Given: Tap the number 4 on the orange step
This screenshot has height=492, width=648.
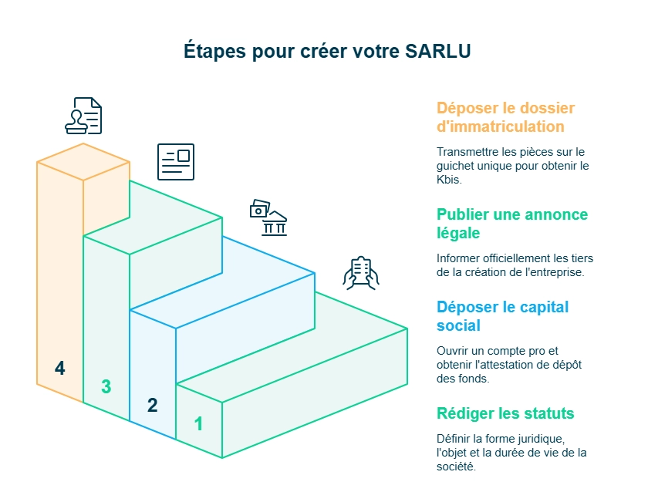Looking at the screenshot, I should coord(59,369).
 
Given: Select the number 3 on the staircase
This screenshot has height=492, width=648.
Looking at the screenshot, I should coord(106,387).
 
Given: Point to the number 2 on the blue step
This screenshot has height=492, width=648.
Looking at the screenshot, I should coord(152,405).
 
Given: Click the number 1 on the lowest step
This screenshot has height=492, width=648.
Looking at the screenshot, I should coord(198,423).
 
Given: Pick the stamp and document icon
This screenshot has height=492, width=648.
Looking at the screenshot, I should coord(83,116).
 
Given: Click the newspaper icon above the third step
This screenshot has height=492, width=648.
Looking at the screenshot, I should coord(175,161).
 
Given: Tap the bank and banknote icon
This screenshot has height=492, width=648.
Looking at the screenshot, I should coord(268,217).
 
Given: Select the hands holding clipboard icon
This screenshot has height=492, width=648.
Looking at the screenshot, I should coord(360,273).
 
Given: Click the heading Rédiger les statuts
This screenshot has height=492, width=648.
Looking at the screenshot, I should coord(505,413).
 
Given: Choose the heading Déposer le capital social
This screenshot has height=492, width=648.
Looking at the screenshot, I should coord(502,316).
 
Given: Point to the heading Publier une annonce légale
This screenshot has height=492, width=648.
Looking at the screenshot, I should coord(511,224).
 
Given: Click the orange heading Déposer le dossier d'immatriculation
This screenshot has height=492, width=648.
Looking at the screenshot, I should coord(505,116).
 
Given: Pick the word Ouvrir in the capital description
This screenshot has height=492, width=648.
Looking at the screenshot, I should coord(452,351).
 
